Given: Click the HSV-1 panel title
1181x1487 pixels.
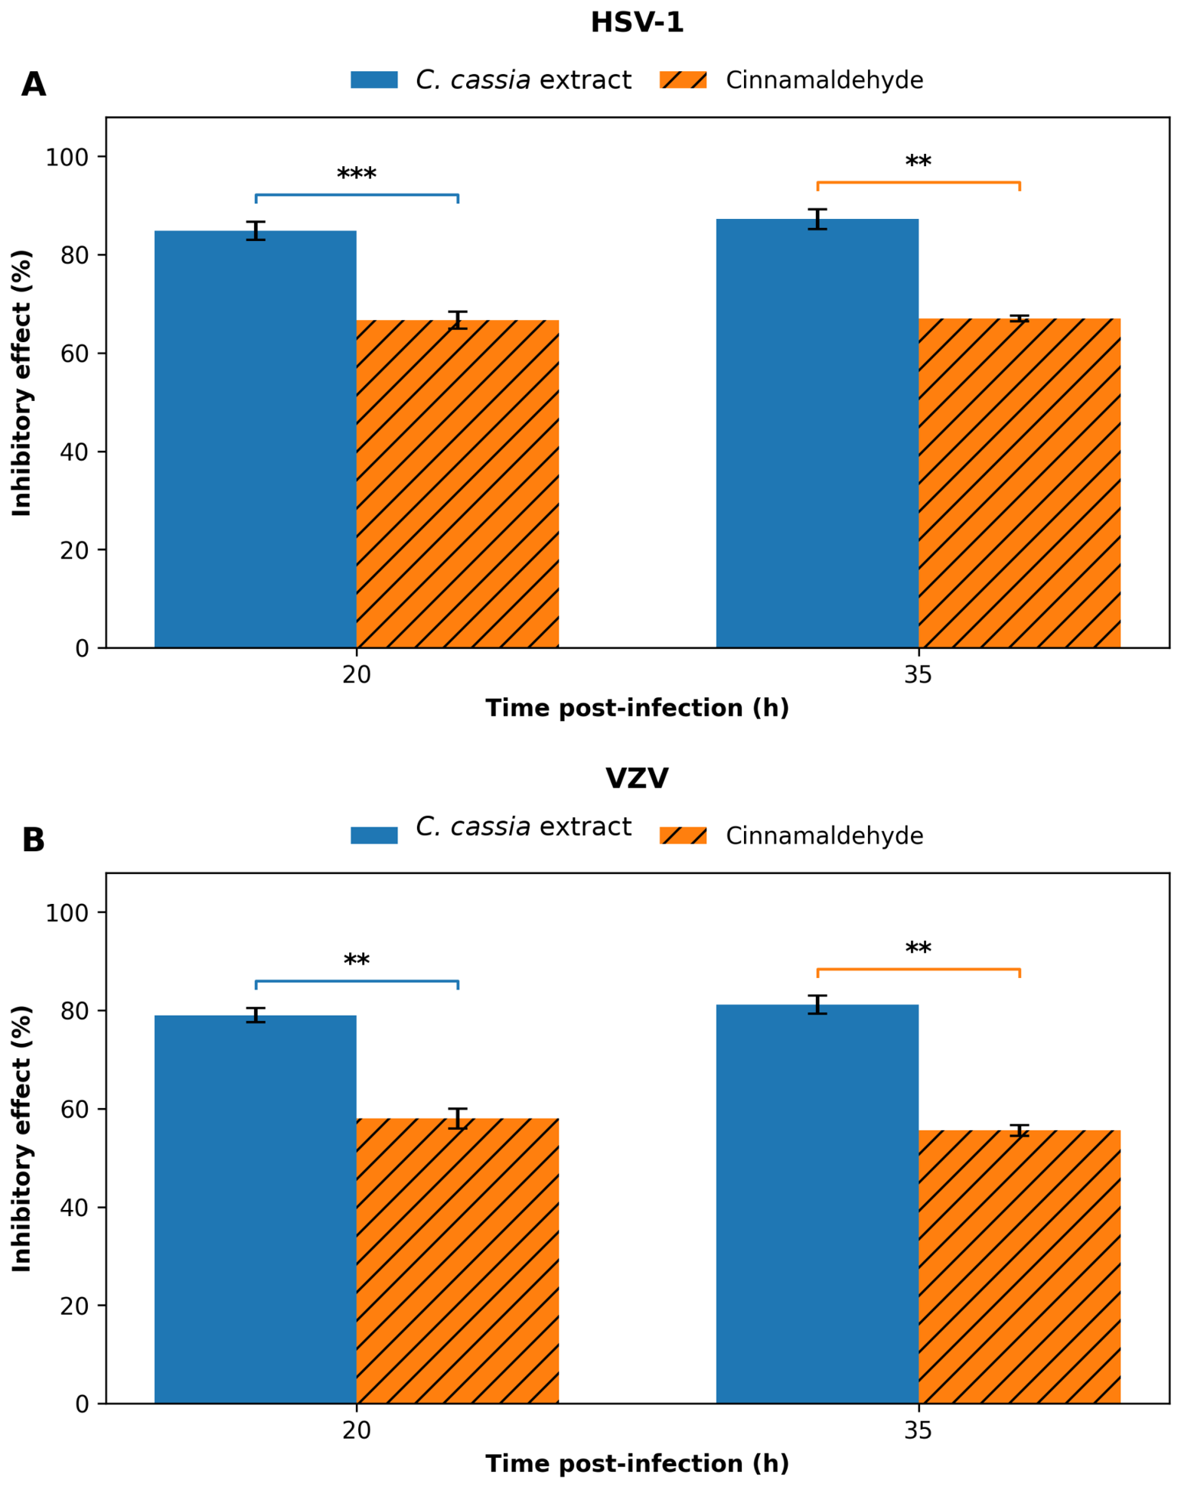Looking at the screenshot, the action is point(636,23).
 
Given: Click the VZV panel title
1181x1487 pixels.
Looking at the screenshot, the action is point(636,778).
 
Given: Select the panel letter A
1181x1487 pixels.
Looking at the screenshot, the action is point(34,85).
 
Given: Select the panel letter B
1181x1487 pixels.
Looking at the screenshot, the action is point(34,840).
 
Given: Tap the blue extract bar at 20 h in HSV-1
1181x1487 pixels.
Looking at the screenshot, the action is point(255,439).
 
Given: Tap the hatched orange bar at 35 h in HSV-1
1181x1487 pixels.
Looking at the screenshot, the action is point(1019,483).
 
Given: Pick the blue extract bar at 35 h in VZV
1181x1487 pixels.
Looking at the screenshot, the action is point(817,1205).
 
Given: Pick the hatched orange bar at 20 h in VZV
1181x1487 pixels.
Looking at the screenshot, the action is point(457,1261).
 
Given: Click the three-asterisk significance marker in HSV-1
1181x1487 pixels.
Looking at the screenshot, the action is point(356,173).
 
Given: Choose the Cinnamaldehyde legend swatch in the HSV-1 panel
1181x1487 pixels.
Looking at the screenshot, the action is point(683,80).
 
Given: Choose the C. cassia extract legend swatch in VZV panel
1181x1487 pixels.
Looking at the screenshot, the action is point(374,835).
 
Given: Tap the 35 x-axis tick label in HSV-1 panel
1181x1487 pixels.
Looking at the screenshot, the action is point(918,675).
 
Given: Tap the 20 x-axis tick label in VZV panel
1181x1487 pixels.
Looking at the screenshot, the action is point(356,1430).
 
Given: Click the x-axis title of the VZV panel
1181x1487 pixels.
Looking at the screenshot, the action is point(637,1463).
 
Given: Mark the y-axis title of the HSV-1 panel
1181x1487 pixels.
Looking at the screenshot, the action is point(22,383).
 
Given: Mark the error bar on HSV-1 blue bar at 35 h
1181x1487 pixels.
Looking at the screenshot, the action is point(817,219).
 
